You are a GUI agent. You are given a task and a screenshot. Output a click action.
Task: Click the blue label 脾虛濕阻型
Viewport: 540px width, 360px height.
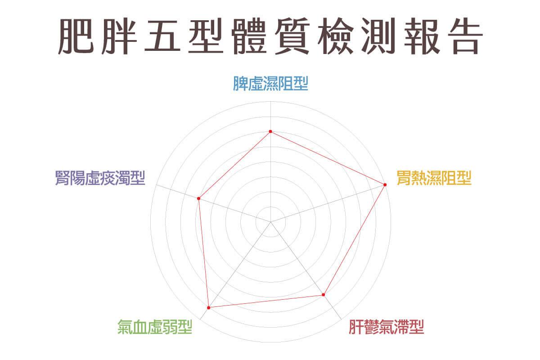coord(270,84)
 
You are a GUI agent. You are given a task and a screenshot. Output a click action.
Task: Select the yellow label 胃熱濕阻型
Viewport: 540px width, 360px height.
coord(434,178)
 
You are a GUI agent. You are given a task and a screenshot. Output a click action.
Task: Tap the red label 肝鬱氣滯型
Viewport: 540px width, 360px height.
coord(386,327)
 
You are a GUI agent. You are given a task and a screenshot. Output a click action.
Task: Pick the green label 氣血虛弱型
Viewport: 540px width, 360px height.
coord(155,327)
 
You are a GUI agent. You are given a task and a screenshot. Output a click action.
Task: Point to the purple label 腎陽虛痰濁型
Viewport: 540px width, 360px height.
coord(100,178)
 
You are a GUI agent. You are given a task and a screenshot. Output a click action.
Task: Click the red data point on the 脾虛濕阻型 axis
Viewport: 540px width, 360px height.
coord(270,131)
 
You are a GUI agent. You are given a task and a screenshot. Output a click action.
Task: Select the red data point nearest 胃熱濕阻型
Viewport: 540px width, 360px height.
coord(385,184)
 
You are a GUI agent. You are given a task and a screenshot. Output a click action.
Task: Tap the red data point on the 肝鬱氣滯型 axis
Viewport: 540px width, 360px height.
coord(324,295)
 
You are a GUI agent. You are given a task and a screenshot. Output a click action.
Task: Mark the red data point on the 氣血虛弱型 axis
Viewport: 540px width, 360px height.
coord(209,308)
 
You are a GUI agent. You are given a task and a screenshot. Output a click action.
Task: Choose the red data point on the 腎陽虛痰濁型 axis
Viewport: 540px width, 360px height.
coord(198,198)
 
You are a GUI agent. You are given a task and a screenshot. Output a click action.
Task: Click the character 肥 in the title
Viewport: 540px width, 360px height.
coord(76,36)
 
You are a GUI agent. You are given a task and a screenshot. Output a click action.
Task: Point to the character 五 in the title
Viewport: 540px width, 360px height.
coord(162,36)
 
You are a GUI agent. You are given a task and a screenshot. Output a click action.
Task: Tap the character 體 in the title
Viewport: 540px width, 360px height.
coord(249,36)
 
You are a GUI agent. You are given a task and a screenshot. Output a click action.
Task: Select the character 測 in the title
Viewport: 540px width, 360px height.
coord(378,36)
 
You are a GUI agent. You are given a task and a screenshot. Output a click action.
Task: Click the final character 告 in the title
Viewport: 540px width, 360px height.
coord(465,36)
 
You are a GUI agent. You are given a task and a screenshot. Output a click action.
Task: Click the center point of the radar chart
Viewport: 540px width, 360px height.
coord(271,221)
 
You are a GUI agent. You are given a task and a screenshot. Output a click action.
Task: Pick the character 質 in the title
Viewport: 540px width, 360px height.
coord(292,36)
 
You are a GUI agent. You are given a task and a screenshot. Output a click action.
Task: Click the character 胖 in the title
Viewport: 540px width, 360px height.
coord(119,36)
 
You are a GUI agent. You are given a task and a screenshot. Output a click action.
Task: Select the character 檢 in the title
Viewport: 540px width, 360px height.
coord(336,36)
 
